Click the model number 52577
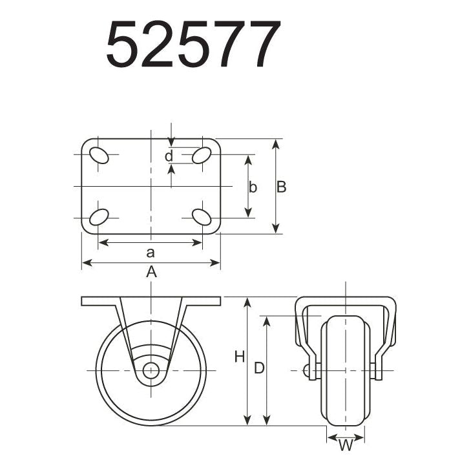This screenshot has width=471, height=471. pos(193,45)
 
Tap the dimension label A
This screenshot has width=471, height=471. pos(151,272)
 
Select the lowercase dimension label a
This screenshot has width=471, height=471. pos(151,252)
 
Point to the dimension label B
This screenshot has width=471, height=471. pos(281,187)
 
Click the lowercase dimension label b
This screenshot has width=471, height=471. pos(253,187)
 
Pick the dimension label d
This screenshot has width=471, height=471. pos(168,156)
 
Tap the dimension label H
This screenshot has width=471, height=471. pos(239,356)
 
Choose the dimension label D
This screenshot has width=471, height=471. pos(258,368)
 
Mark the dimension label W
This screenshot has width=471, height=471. pos(346,445)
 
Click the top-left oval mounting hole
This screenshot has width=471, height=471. pos(99,155)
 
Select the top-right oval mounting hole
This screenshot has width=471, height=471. pos(202,155)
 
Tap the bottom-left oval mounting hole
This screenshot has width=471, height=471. pos(99,217)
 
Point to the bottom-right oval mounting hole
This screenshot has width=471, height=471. pos(202,217)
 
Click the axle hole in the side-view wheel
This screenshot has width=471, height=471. pos(151,370)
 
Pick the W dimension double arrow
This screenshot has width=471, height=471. pos(346,437)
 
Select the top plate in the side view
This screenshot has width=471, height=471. pos(151,301)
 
